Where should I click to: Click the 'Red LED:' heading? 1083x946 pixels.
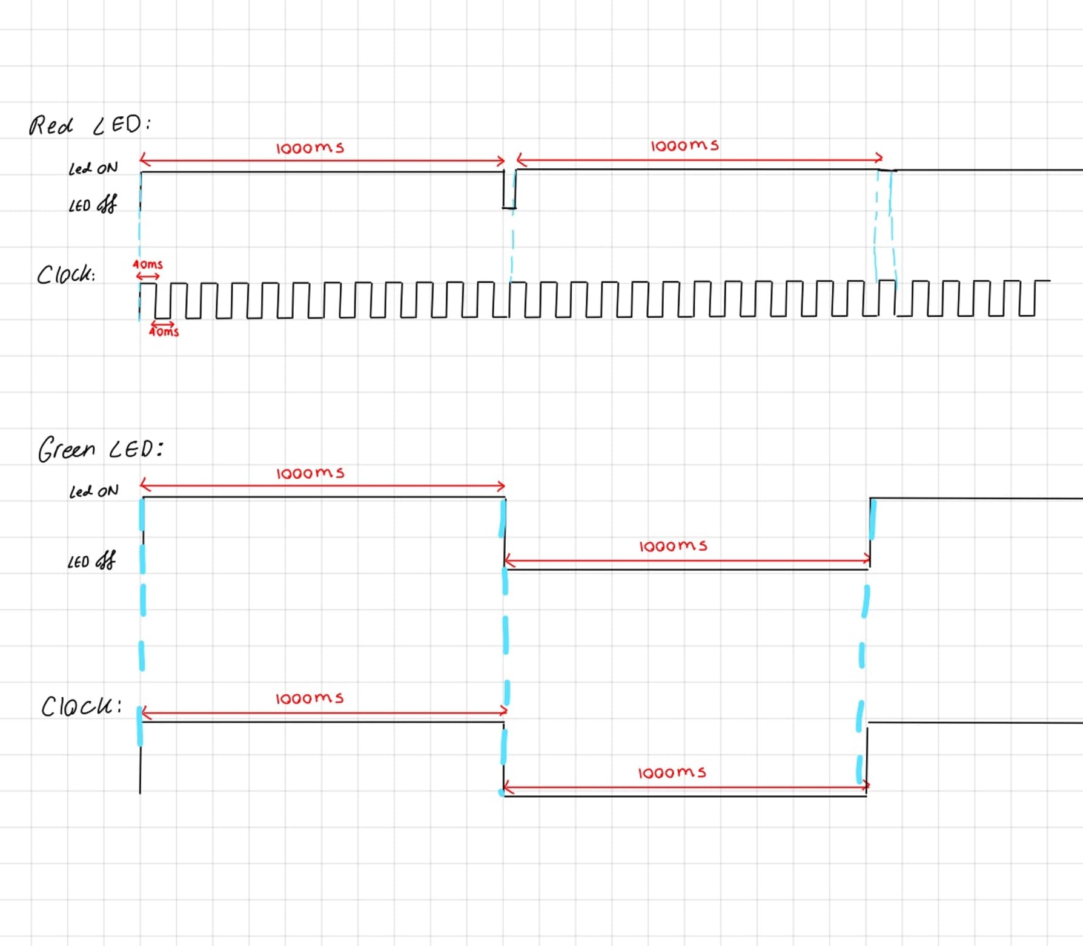click(x=90, y=125)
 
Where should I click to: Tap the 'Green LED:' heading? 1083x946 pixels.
click(x=100, y=449)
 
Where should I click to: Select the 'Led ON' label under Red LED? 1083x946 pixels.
click(x=93, y=168)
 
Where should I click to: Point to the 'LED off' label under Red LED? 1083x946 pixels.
click(x=92, y=205)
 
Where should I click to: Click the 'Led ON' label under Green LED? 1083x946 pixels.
click(x=94, y=491)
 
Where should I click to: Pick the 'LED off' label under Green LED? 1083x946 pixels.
click(x=91, y=561)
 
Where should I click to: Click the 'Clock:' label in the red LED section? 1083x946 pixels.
click(x=65, y=275)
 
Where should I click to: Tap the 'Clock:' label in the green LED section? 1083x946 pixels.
click(x=81, y=706)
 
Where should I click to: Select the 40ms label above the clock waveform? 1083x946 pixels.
click(x=148, y=264)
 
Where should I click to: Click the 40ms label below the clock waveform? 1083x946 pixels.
click(x=164, y=332)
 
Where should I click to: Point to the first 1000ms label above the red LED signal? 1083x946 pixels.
click(x=310, y=148)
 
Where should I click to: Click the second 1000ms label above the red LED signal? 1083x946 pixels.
click(x=684, y=146)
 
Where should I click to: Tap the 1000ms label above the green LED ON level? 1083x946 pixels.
click(x=310, y=473)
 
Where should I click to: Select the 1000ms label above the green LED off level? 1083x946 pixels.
click(x=673, y=547)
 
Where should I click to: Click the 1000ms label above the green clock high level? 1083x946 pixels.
click(x=310, y=698)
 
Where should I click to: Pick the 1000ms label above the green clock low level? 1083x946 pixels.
click(x=672, y=773)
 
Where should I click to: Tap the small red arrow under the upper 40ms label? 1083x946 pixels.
click(x=148, y=276)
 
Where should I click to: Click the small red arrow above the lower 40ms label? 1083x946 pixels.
click(x=162, y=324)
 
